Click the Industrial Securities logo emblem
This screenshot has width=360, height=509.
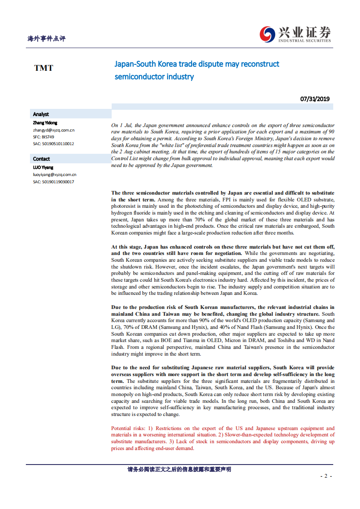267,34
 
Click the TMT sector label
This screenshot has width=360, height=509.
44,68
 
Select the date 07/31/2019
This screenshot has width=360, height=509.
315,99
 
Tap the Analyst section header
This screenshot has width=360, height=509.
41,114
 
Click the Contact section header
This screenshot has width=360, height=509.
41,159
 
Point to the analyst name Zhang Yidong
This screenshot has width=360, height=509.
45,123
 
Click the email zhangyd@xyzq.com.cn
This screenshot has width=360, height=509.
54,130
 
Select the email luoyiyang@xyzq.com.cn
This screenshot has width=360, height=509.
54,174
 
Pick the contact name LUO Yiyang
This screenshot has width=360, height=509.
43,167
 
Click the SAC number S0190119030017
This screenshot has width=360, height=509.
54,181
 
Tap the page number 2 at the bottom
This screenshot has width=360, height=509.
325,476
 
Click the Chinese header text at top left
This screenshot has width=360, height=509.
46,39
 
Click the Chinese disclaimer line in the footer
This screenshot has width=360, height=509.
179,470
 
